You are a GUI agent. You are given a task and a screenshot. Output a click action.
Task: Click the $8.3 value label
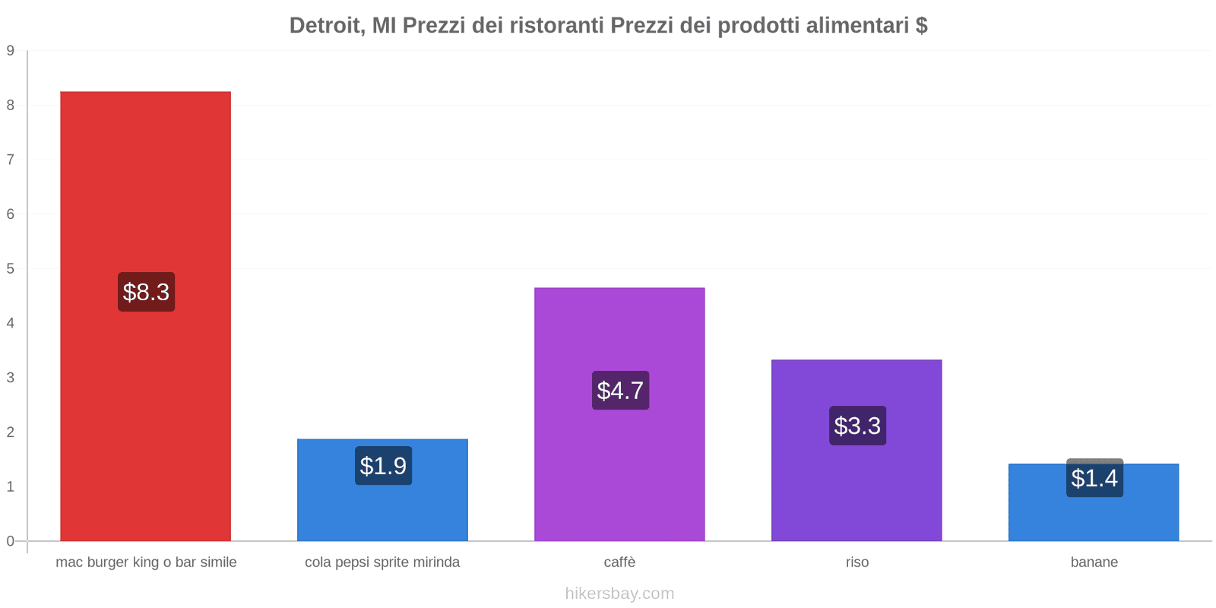pyautogui.click(x=146, y=292)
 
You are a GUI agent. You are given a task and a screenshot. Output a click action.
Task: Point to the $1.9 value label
pyautogui.click(x=383, y=466)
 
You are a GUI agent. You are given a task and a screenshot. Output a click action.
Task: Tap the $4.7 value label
pyautogui.click(x=620, y=391)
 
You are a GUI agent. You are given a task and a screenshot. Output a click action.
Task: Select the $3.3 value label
pyautogui.click(x=857, y=426)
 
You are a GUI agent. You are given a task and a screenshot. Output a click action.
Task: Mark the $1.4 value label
pyautogui.click(x=1094, y=478)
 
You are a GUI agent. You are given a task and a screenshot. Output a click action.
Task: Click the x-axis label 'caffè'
pyautogui.click(x=619, y=562)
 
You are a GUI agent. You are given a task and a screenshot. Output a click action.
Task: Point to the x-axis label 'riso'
pyautogui.click(x=857, y=562)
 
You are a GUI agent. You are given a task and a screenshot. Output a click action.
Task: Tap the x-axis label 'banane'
pyautogui.click(x=1094, y=562)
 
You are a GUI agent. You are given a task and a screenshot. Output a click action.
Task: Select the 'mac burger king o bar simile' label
pyautogui.click(x=146, y=562)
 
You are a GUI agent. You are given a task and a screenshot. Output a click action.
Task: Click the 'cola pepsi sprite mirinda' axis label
pyautogui.click(x=382, y=562)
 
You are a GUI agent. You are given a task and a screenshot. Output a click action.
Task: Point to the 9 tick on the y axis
pyautogui.click(x=11, y=51)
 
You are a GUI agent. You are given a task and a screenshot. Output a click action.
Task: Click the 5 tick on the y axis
pyautogui.click(x=11, y=269)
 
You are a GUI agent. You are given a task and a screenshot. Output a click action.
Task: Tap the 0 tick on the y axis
pyautogui.click(x=11, y=541)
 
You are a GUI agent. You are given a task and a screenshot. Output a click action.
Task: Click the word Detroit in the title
pyautogui.click(x=325, y=26)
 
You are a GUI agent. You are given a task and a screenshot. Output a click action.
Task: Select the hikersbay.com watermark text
pyautogui.click(x=619, y=594)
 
